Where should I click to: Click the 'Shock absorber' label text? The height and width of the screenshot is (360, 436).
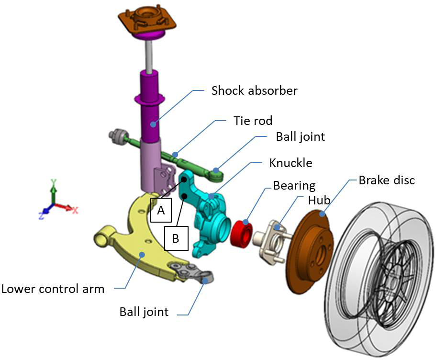point(254,90)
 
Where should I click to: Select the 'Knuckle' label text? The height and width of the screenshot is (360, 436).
point(291,163)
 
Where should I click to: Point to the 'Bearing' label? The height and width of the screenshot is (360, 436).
point(294,185)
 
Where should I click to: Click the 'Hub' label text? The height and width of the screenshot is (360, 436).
point(319,201)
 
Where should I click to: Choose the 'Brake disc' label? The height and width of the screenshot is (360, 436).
point(387,180)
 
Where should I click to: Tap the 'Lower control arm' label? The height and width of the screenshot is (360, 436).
point(53,289)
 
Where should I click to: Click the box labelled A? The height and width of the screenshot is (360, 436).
point(161,210)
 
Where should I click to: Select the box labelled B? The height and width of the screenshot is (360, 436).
point(175,238)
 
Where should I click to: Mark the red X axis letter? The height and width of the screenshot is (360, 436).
point(75,210)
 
